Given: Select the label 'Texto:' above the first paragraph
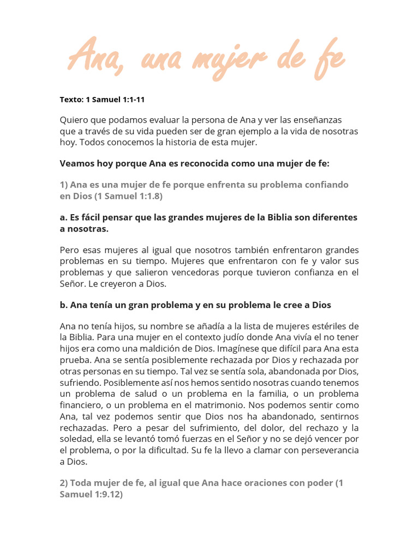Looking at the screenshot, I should click(x=71, y=100).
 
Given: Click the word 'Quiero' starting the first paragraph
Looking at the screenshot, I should click(x=73, y=119).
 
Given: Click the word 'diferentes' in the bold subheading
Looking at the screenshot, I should click(x=333, y=217).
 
